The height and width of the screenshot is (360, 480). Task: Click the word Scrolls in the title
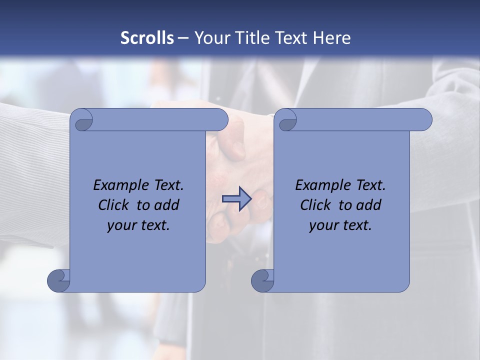click(x=147, y=38)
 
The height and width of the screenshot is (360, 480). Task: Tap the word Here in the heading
click(x=332, y=38)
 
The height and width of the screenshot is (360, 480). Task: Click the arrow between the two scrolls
click(x=236, y=199)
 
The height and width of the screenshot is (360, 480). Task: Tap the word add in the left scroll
click(x=166, y=205)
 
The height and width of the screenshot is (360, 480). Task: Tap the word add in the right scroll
click(x=368, y=205)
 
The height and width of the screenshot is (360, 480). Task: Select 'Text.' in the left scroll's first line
click(x=168, y=185)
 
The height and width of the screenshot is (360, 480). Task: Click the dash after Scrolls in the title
click(x=183, y=38)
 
